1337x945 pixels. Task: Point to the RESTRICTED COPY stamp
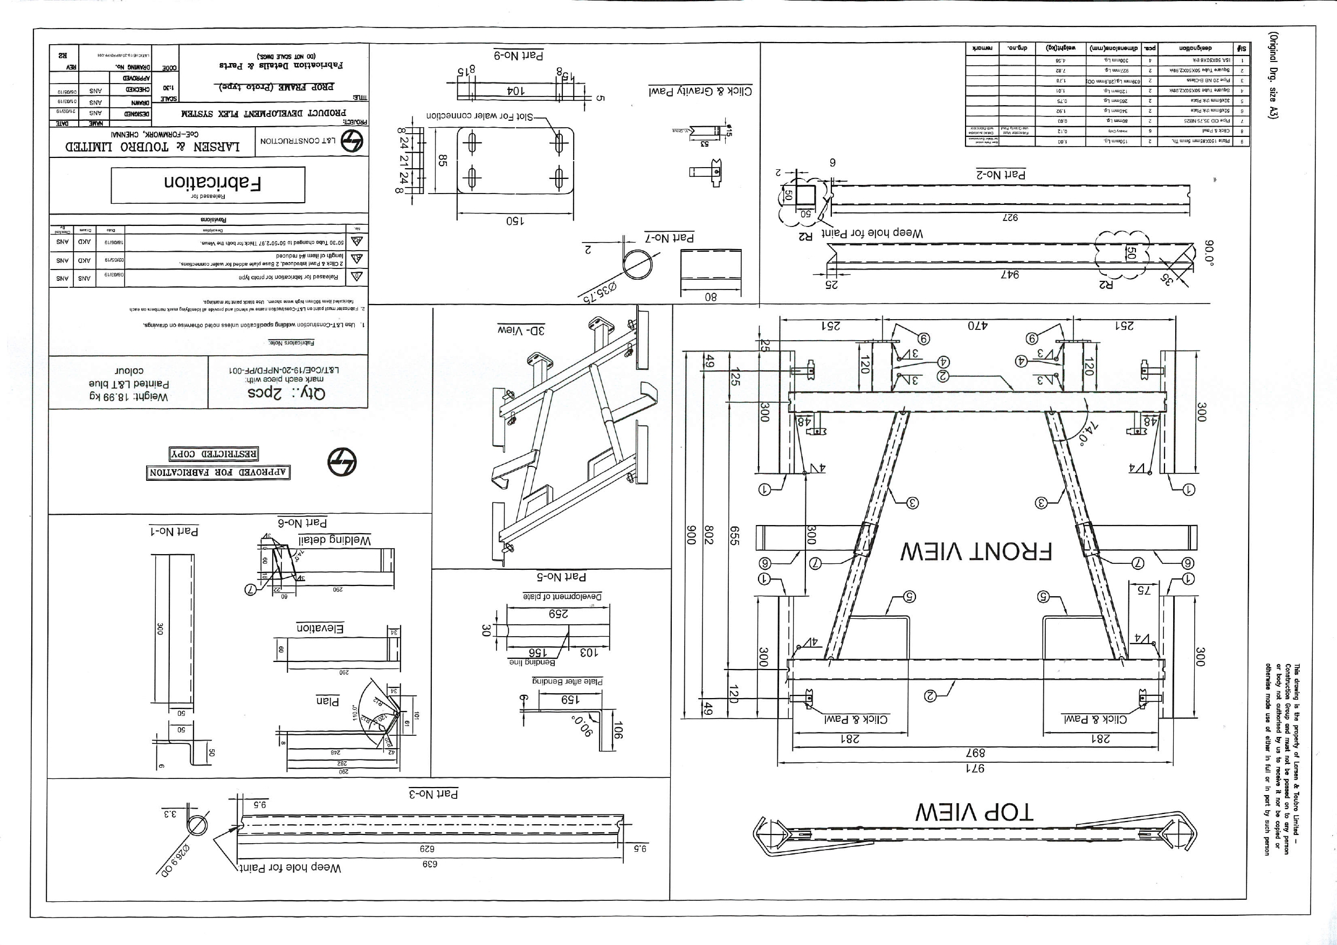(213, 453)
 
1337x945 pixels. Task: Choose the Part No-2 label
(1001, 174)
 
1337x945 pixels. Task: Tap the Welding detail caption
(334, 540)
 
